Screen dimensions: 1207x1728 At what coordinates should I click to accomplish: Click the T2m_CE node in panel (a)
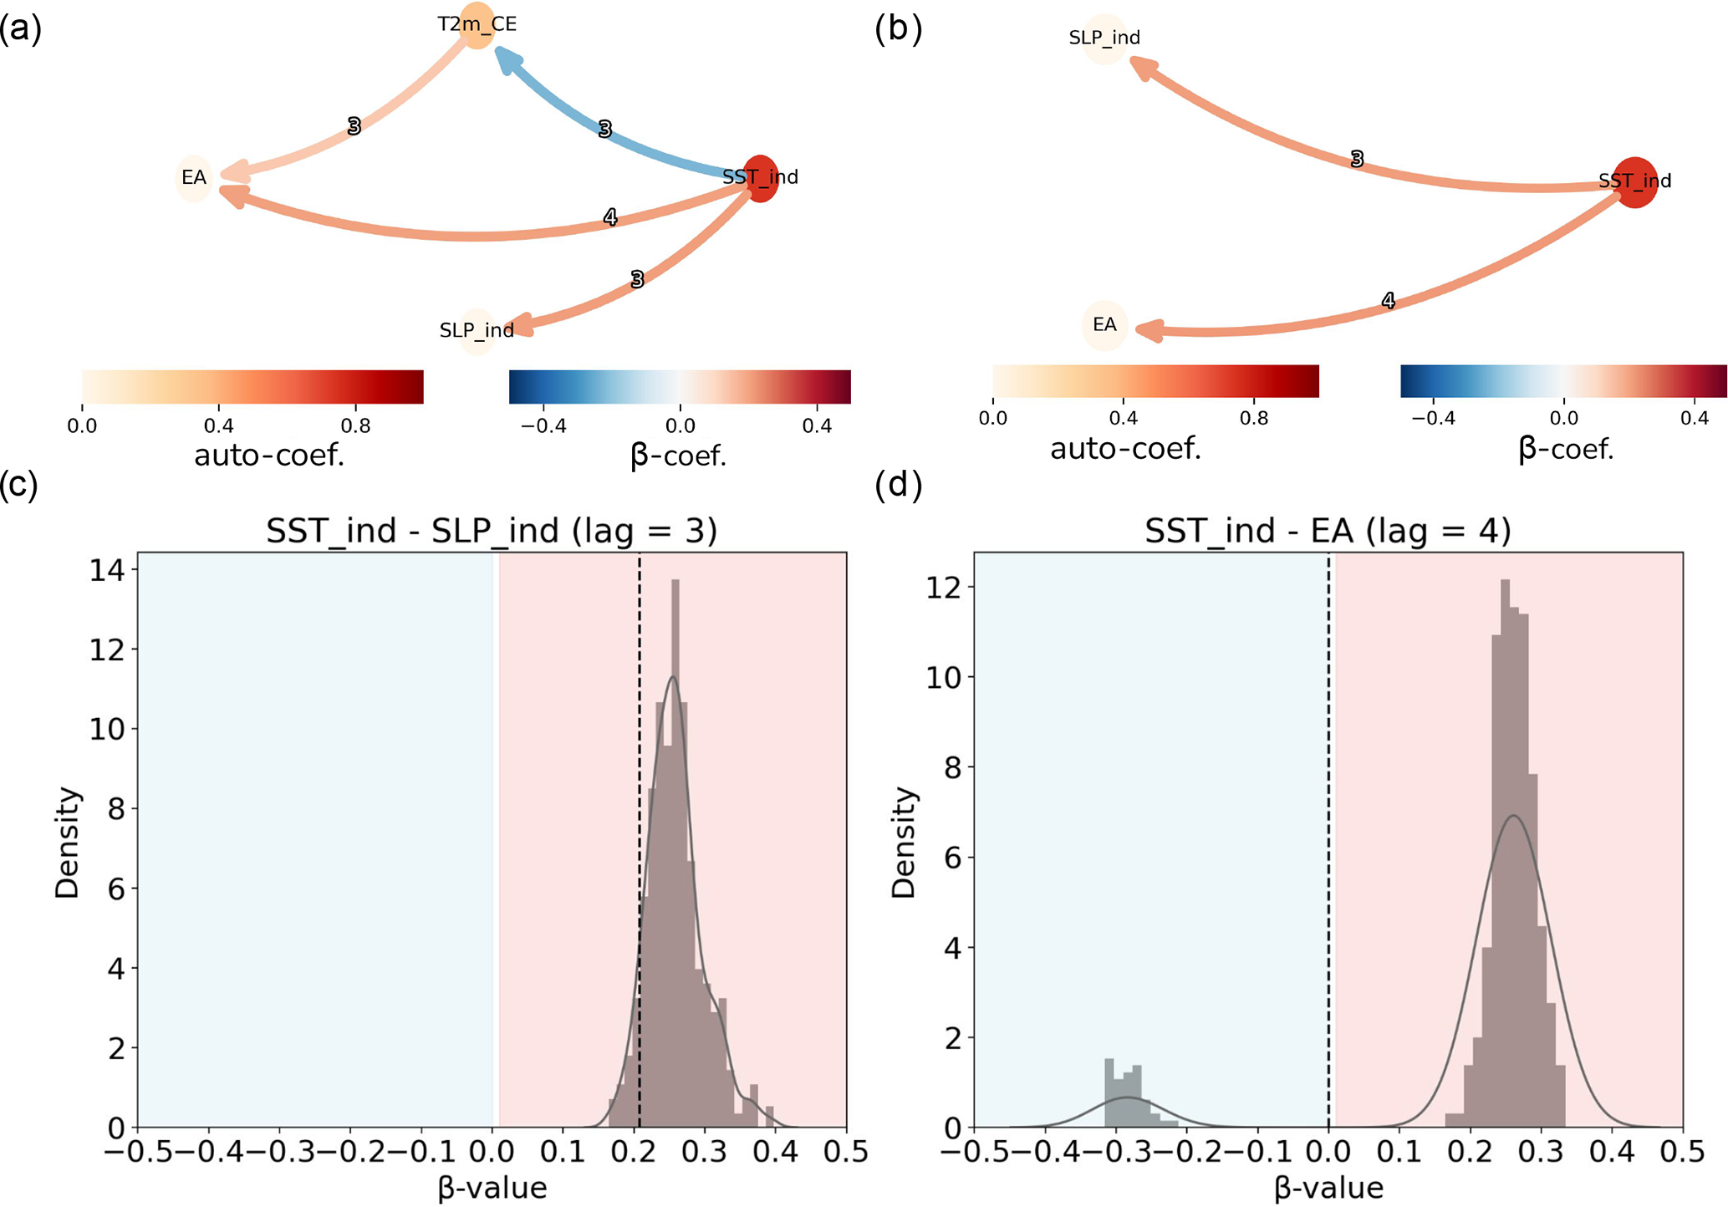pos(477,25)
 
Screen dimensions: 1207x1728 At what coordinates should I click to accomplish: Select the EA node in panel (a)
pos(194,178)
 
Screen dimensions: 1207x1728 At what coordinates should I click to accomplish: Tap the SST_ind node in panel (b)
pos(1634,181)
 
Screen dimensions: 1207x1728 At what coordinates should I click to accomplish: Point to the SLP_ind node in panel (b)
pos(1104,38)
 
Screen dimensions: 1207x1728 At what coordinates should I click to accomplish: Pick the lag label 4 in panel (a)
pos(610,218)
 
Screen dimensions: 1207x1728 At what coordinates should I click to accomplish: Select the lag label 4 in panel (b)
pos(1389,301)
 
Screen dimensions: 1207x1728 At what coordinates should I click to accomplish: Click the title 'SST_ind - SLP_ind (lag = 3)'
pos(492,532)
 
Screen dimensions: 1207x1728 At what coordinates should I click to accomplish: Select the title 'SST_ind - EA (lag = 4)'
pos(1328,532)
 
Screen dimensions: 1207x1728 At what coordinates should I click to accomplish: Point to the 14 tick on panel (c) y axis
pos(107,571)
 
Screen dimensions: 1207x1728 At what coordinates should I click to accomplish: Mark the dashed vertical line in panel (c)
pos(640,836)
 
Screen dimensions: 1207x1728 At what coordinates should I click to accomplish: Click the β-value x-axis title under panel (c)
pos(492,1188)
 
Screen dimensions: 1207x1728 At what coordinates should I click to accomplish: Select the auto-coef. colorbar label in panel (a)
pos(269,456)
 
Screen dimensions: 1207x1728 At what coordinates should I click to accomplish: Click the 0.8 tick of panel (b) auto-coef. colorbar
pos(1254,418)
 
